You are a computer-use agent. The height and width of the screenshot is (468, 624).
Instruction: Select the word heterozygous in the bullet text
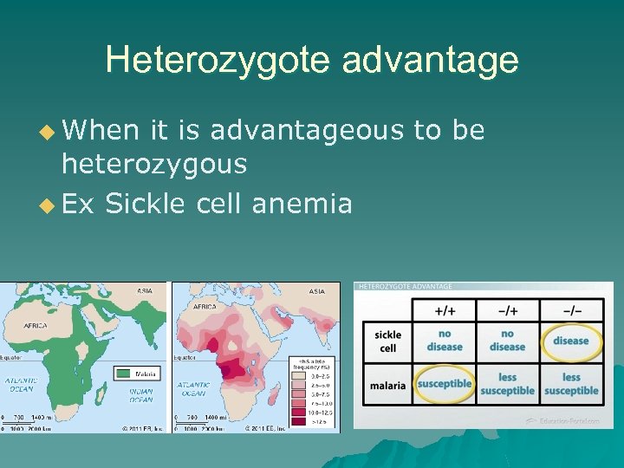pyautogui.click(x=153, y=163)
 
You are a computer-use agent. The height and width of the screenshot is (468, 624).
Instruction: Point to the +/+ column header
pyautogui.click(x=444, y=309)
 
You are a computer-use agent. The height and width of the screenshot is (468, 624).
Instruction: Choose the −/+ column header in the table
pyautogui.click(x=507, y=309)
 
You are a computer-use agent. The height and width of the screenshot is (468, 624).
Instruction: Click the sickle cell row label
pyautogui.click(x=387, y=341)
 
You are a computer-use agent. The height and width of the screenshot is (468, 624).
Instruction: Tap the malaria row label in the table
pyautogui.click(x=387, y=385)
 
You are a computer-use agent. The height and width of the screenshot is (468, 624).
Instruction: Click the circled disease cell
pyautogui.click(x=570, y=341)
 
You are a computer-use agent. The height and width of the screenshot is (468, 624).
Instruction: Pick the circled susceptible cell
pyautogui.click(x=444, y=384)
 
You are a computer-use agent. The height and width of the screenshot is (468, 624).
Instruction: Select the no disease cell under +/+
pyautogui.click(x=444, y=341)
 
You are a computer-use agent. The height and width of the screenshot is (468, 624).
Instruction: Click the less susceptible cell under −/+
pyautogui.click(x=507, y=384)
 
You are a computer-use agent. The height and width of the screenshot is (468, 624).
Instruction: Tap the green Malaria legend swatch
pyautogui.click(x=124, y=374)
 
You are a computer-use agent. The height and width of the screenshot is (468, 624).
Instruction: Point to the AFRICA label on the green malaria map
pyautogui.click(x=35, y=326)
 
